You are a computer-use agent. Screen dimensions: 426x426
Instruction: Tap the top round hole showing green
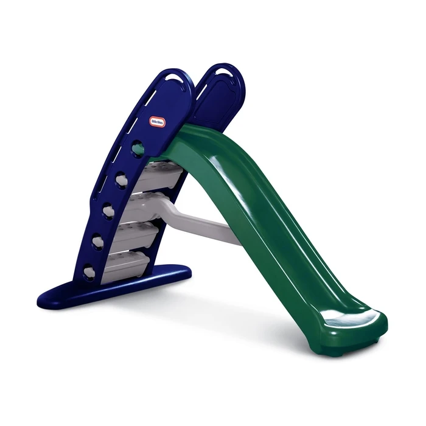point(138,148)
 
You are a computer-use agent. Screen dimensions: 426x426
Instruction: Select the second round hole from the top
point(122,180)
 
